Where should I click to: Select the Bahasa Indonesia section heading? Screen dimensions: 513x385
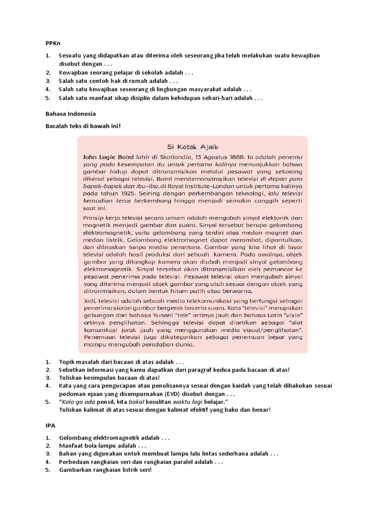(71, 114)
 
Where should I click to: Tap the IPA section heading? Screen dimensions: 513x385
(51, 425)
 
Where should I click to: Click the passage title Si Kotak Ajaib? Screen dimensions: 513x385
(193, 147)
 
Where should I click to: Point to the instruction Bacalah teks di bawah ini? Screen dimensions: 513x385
(83, 126)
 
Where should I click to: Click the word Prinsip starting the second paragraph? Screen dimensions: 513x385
(94, 218)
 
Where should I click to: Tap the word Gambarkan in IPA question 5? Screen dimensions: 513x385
(77, 470)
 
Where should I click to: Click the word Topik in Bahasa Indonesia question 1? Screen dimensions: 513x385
(67, 362)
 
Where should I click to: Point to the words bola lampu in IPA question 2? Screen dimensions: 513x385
(103, 446)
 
